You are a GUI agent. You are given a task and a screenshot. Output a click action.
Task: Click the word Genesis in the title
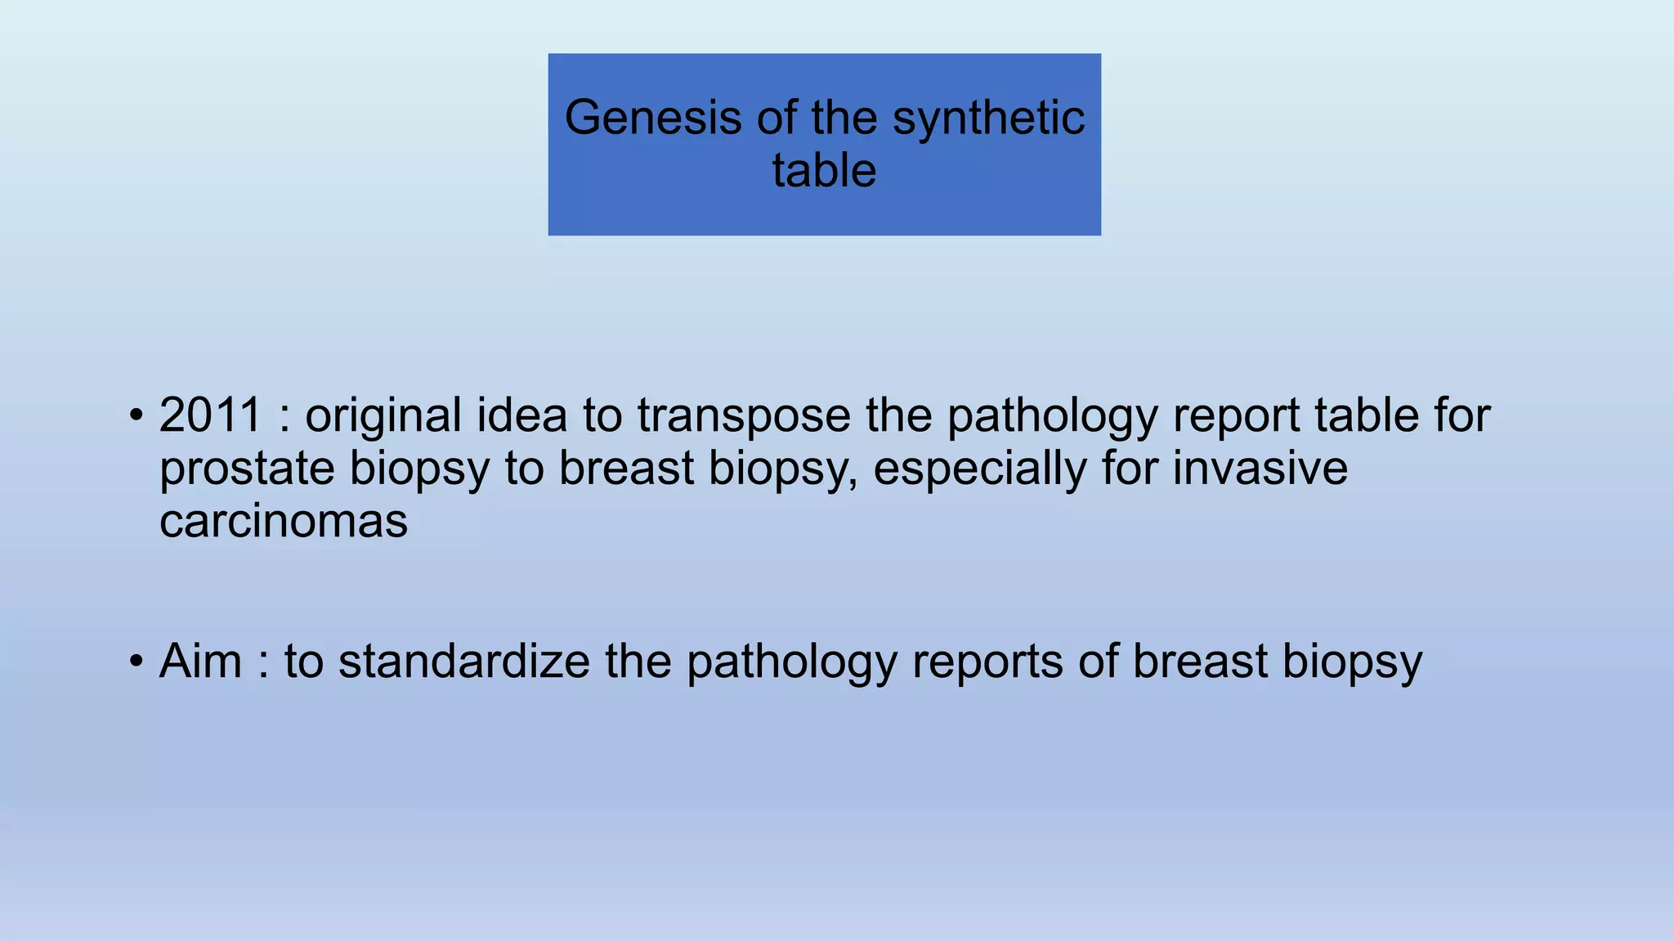pos(652,118)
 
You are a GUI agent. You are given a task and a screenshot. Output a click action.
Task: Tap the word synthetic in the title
pos(988,118)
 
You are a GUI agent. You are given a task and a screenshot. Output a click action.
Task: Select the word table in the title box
pos(824,171)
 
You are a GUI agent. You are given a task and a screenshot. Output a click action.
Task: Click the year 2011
pos(210,415)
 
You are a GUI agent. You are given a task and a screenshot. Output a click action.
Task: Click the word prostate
pos(246,469)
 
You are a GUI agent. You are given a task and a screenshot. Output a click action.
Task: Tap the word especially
pos(978,469)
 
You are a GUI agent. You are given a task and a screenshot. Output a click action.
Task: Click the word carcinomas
pos(283,521)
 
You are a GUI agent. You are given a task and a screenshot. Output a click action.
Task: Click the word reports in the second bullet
pos(987,662)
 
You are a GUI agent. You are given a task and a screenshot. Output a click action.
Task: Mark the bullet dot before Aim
pos(137,661)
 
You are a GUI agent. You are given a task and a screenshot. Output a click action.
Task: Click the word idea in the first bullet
pos(521,415)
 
